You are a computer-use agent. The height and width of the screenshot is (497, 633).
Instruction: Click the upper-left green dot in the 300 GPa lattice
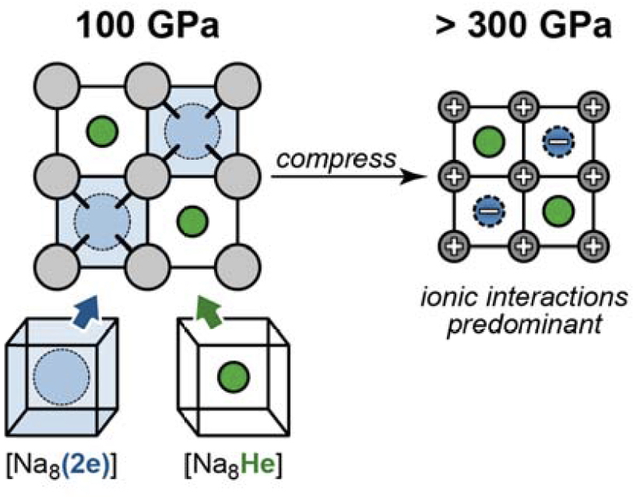pyautogui.click(x=487, y=142)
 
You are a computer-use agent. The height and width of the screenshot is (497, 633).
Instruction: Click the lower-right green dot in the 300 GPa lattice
pyautogui.click(x=557, y=209)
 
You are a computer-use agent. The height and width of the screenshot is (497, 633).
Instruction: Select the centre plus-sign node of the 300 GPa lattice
pyautogui.click(x=521, y=174)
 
